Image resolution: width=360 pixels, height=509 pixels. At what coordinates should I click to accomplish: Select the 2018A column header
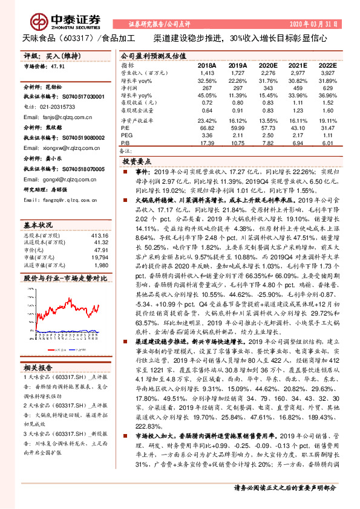point(206,65)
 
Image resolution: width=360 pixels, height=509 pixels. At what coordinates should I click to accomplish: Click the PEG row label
point(126,136)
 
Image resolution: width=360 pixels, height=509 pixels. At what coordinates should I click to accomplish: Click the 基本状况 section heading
point(39,224)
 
